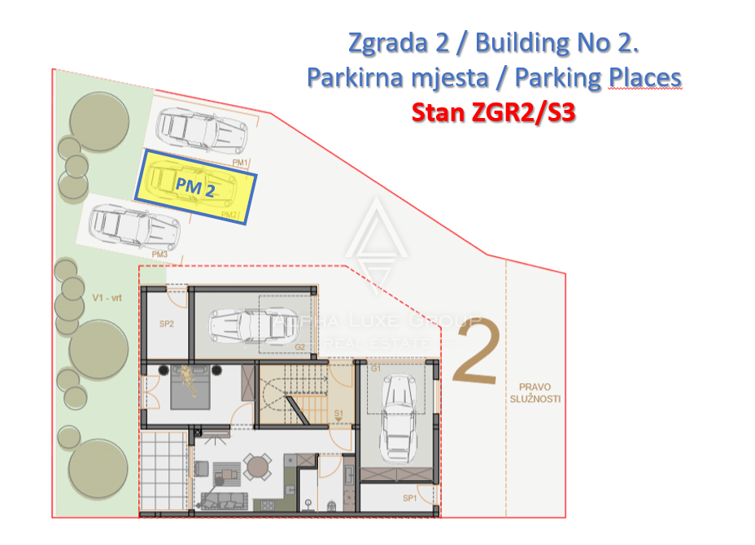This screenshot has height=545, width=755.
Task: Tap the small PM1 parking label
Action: click(239, 163)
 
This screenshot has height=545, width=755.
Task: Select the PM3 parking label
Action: click(159, 255)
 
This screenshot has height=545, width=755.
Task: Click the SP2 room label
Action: click(166, 324)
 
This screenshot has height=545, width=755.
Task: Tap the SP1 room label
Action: click(410, 498)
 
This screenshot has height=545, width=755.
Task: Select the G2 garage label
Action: click(299, 347)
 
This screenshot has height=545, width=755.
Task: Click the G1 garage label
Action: click(376, 369)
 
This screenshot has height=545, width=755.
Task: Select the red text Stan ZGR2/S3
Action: click(493, 111)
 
